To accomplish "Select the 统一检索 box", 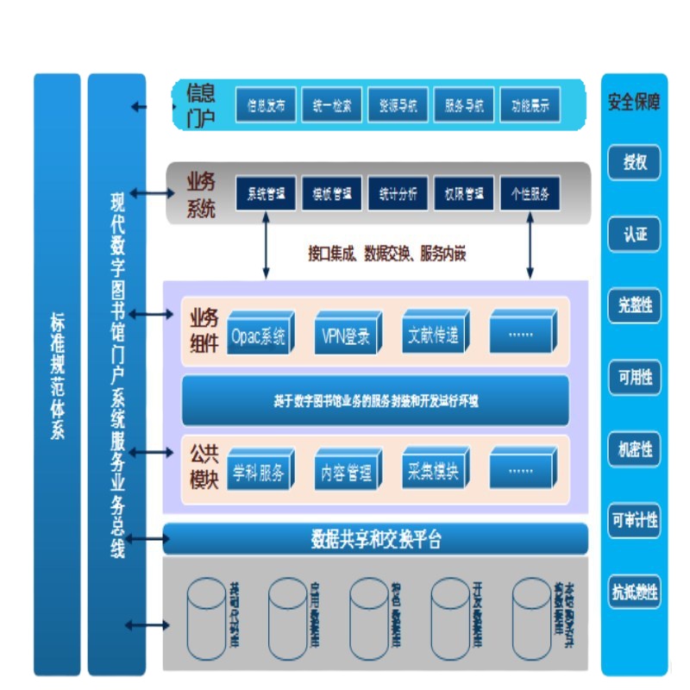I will [331, 107].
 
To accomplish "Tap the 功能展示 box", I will [529, 107].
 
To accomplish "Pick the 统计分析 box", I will [398, 194].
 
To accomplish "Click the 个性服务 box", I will [529, 194].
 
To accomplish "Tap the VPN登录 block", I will [346, 336].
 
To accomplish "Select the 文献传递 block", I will [434, 336].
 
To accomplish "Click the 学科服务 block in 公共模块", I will [259, 474].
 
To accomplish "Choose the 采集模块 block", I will [434, 474].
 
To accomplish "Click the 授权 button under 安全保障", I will [635, 162].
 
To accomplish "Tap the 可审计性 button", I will [635, 520].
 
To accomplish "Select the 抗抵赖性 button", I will [635, 592].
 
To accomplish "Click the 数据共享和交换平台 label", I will [376, 540].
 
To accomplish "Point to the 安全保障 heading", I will [635, 102].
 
